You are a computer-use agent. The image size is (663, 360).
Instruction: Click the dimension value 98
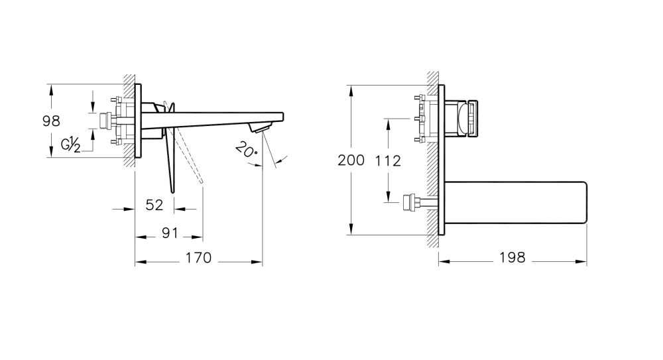[51, 121]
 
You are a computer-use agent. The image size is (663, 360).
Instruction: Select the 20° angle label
[245, 150]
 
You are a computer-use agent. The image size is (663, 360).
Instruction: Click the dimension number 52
[154, 206]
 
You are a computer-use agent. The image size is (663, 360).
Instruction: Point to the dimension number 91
[170, 233]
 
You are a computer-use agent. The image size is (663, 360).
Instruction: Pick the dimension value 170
[198, 258]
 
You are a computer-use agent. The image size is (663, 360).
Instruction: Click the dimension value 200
[351, 160]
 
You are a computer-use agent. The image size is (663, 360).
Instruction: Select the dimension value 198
[511, 258]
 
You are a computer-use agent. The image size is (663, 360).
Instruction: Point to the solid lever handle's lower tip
[173, 191]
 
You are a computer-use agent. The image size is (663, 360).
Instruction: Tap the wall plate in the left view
[138, 121]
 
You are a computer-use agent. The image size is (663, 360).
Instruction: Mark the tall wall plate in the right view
[442, 160]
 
